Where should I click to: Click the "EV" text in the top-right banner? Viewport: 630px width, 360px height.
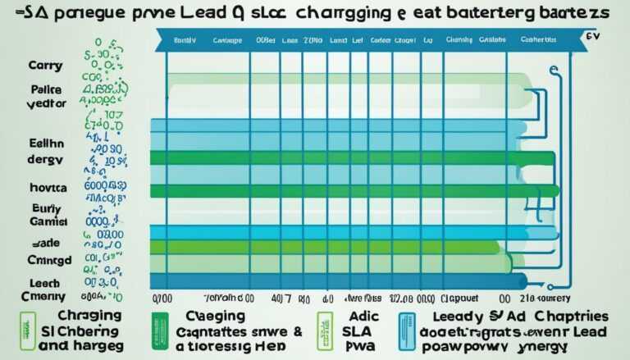(592, 37)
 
